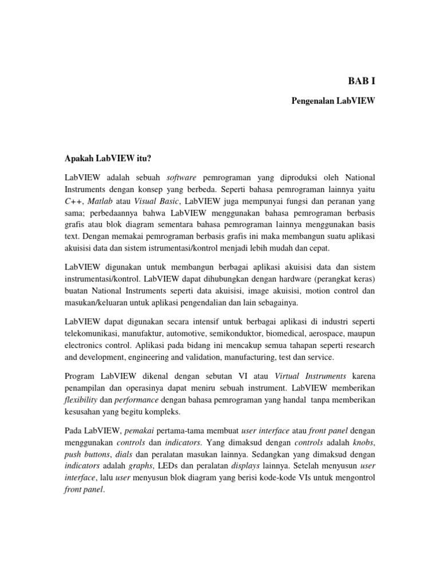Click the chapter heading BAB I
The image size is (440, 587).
[362, 81]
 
